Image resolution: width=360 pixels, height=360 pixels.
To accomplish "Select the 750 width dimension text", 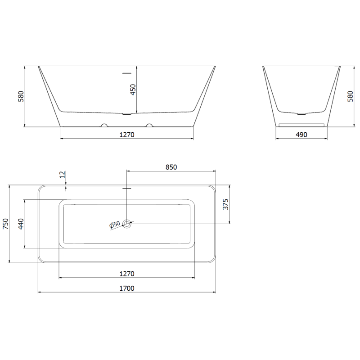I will coord(5,224).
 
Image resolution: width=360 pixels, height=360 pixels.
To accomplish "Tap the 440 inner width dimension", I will coord(21,224).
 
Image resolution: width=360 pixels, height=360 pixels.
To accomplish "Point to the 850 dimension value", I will coord(171,167).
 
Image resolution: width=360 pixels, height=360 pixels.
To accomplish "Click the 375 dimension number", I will coord(226,204).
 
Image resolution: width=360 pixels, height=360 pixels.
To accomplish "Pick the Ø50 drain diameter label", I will coord(114,225).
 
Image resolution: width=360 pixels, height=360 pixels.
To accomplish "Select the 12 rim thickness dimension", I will coord(62,175).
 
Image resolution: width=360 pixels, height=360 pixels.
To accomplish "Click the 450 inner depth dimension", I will coord(133,90).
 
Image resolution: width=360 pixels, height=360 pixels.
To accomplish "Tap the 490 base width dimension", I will coord(301,135).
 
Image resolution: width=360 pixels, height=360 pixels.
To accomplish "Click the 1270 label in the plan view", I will coord(127,274).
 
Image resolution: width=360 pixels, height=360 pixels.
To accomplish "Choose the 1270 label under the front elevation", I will coord(127,135).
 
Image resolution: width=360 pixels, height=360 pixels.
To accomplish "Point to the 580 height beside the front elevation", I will coord(21,96).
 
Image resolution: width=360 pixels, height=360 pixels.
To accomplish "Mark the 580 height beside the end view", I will coord(351,96).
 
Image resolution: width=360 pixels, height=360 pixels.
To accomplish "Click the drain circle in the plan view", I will coord(127,223).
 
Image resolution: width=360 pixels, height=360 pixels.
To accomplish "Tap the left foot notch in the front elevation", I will coord(104,125).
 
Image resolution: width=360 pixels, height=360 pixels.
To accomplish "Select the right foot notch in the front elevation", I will coord(149,125).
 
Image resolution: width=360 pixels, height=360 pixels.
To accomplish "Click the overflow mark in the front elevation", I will coord(127,72).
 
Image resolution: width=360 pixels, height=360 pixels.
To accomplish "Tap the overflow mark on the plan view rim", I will coord(127,188).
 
